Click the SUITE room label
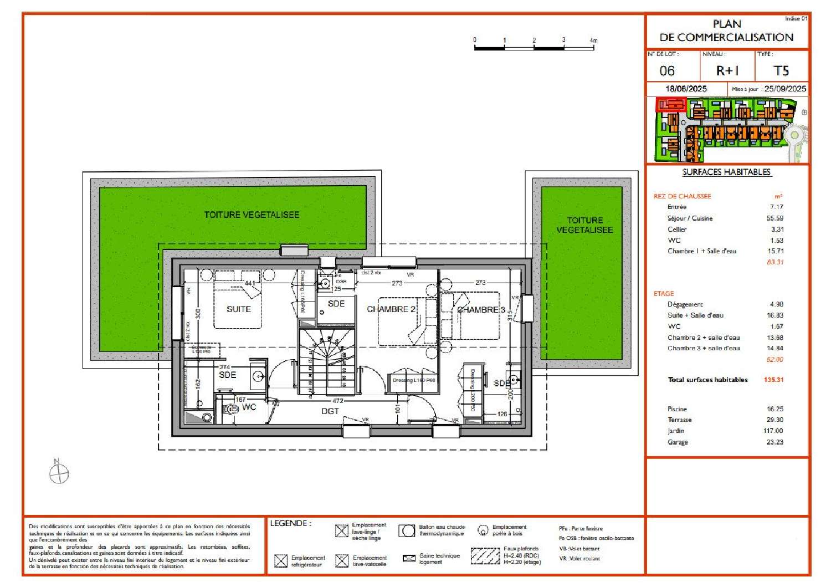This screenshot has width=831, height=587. tap(239, 309)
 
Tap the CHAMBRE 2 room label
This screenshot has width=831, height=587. tap(391, 309)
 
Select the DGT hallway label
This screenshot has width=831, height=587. tap(330, 411)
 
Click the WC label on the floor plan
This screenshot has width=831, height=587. tap(249, 407)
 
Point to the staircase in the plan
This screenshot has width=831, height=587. tap(327, 360)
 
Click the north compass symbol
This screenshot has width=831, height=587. tap(59, 473)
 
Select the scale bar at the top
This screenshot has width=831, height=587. tap(534, 47)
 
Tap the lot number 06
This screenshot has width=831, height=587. tap(667, 71)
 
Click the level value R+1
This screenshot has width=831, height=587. tap(727, 71)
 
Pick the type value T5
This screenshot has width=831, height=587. tap(781, 71)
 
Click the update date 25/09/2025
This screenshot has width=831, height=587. tap(784, 89)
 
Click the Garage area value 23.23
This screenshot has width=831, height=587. tap(775, 442)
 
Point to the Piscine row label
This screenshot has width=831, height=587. tap(677, 409)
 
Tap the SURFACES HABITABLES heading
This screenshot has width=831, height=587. tap(726, 172)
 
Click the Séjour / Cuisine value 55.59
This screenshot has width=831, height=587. tap(775, 218)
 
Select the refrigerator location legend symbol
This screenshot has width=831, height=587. tap(281, 560)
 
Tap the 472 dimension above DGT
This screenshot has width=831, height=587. tap(338, 401)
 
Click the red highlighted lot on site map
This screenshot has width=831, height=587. tap(671, 104)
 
